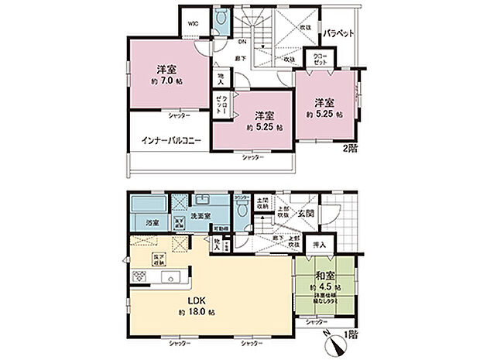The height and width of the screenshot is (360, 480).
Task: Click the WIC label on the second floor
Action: [x=191, y=22]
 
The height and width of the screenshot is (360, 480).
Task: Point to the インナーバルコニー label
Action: [x=171, y=141]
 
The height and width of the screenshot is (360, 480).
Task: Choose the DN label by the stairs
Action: [x=242, y=41]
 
